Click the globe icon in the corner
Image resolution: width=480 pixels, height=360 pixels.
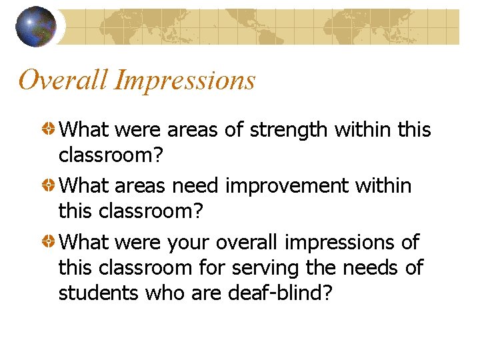(x=35, y=26)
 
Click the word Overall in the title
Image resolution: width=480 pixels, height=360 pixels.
(x=63, y=80)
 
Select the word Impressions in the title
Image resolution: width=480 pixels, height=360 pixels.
(x=185, y=80)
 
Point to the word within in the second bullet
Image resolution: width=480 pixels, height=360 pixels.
(x=383, y=185)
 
